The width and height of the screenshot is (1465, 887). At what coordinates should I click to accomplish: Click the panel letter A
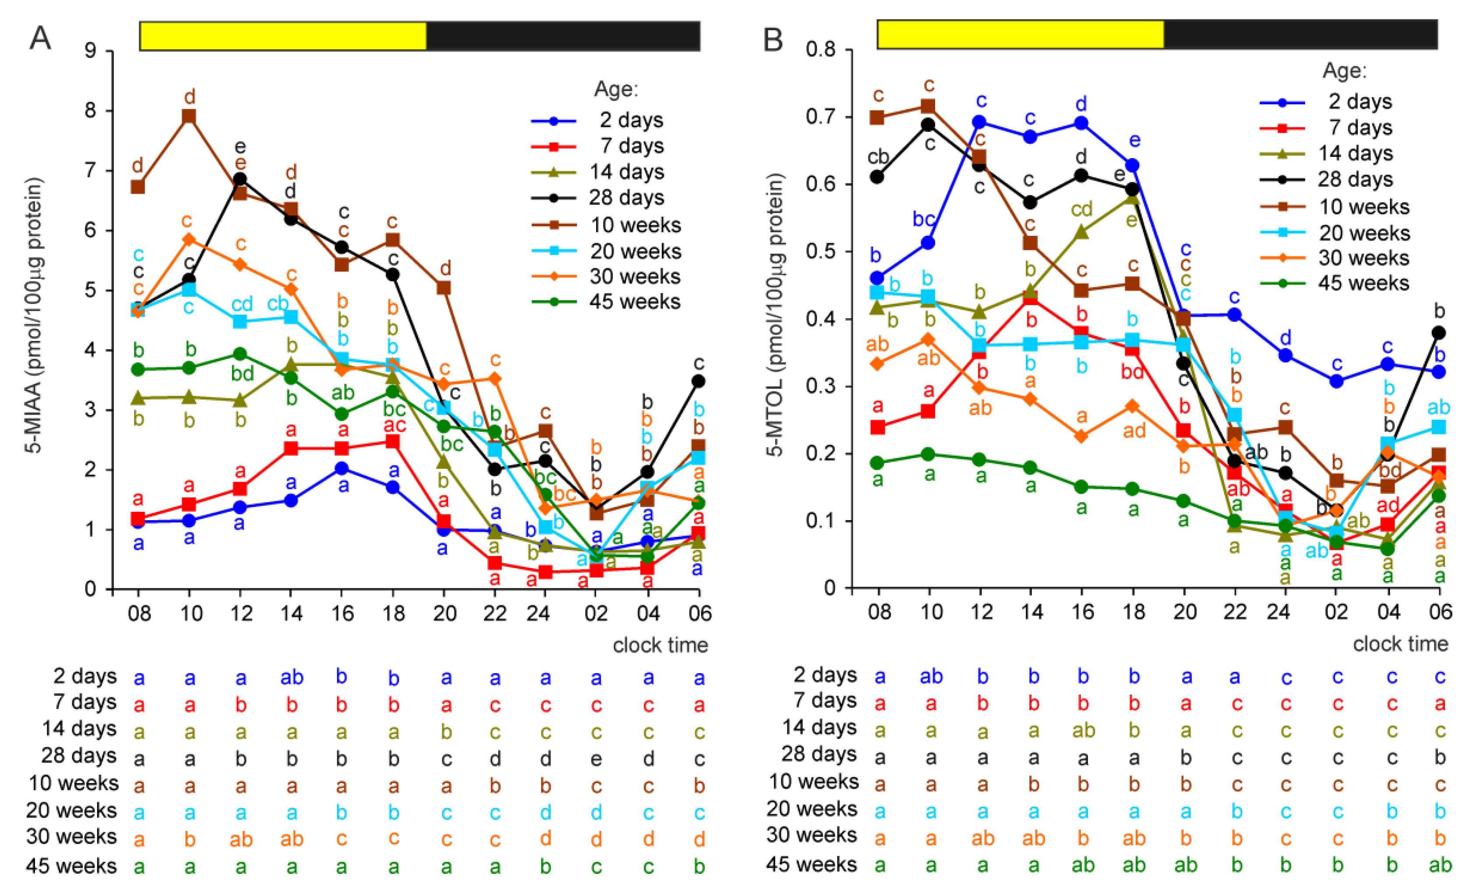tap(40, 38)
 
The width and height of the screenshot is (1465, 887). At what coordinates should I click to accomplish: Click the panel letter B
tap(773, 39)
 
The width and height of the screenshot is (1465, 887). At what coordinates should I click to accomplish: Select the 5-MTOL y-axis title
tap(775, 315)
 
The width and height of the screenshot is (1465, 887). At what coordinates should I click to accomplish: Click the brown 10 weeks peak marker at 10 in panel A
tap(189, 117)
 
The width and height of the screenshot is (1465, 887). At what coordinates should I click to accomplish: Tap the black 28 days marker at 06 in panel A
tap(699, 381)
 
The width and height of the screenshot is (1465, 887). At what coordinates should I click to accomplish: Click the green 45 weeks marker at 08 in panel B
tap(878, 463)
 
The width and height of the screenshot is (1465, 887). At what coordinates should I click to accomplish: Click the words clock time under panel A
tap(660, 646)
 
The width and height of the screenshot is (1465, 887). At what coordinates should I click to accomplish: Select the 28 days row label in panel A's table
tap(79, 756)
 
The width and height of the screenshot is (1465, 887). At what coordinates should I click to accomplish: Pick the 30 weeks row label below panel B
tap(812, 835)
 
